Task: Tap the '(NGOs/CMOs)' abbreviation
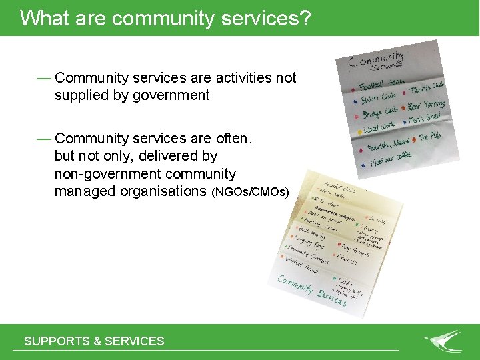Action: pos(250,193)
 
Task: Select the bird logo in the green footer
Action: pos(443,341)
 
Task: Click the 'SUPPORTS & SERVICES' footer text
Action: pos(94,341)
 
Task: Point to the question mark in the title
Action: pos(305,18)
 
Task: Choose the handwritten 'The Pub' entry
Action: pos(429,137)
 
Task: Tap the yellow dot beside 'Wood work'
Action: pos(356,128)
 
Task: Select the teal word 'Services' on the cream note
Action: pos(331,295)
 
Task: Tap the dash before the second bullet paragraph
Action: pos(44,139)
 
